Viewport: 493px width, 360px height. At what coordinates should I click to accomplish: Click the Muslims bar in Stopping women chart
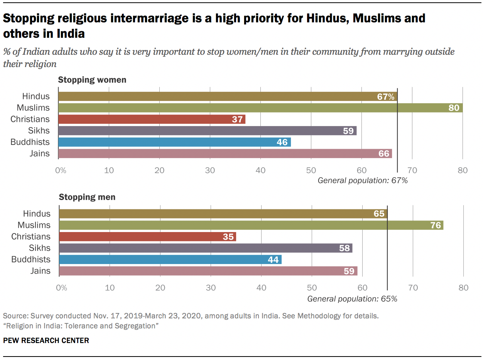260,108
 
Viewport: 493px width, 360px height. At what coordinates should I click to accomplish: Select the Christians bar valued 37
152,119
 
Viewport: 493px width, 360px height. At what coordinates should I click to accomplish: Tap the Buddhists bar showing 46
174,142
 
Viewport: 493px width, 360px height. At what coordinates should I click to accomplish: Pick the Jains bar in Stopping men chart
208,271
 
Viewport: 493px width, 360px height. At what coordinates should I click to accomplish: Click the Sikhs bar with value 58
206,248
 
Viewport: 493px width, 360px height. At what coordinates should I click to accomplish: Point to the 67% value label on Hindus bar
385,96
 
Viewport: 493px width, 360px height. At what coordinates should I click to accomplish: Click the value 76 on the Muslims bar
436,225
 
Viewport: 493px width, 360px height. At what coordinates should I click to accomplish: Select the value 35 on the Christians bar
228,237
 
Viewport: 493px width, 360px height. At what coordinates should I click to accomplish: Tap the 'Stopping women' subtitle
92,80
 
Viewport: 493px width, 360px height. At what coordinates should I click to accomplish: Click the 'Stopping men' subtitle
87,197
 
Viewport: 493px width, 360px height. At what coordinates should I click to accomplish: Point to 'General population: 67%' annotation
363,180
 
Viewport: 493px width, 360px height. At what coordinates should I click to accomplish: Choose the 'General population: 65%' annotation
352,298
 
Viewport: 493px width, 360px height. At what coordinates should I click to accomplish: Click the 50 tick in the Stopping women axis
311,170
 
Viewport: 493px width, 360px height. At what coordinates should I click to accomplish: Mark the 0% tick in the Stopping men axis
61,288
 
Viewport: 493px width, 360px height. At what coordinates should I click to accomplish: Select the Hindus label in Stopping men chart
37,214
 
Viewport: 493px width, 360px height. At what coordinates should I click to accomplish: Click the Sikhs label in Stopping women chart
39,131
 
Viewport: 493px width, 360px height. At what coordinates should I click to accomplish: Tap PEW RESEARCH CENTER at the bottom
46,340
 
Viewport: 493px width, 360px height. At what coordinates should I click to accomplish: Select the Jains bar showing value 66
225,154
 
